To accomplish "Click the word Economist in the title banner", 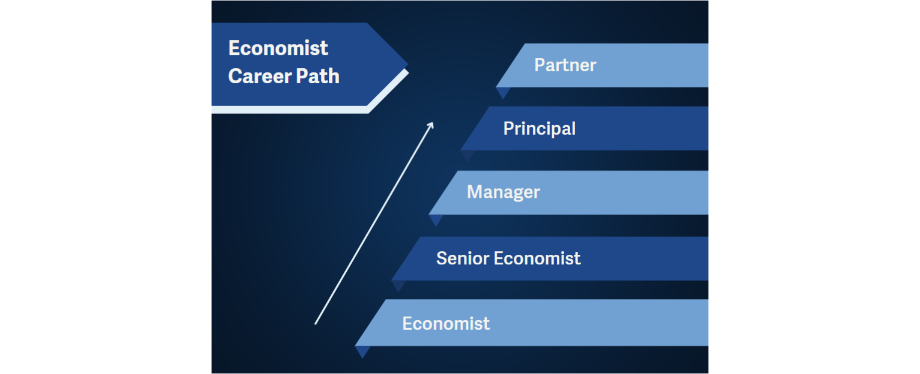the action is click(x=278, y=48).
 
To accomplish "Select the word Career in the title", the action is click(x=260, y=76).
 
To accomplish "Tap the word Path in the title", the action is click(x=318, y=76).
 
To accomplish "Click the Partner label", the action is click(x=565, y=65).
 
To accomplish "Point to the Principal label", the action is click(x=539, y=129).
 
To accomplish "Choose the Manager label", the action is click(x=503, y=192).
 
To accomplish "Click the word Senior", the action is click(x=462, y=258).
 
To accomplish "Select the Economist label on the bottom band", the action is click(x=446, y=324).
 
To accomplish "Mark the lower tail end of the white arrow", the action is click(x=315, y=324).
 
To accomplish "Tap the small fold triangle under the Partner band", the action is click(x=503, y=92).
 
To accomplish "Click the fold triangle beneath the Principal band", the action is click(x=468, y=155).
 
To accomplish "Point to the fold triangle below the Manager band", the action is click(x=436, y=219).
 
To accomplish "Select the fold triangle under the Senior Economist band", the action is click(x=399, y=285).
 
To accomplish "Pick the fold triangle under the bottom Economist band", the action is click(x=363, y=351).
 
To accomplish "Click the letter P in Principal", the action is click(x=509, y=128).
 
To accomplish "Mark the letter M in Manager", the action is click(x=474, y=191).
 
